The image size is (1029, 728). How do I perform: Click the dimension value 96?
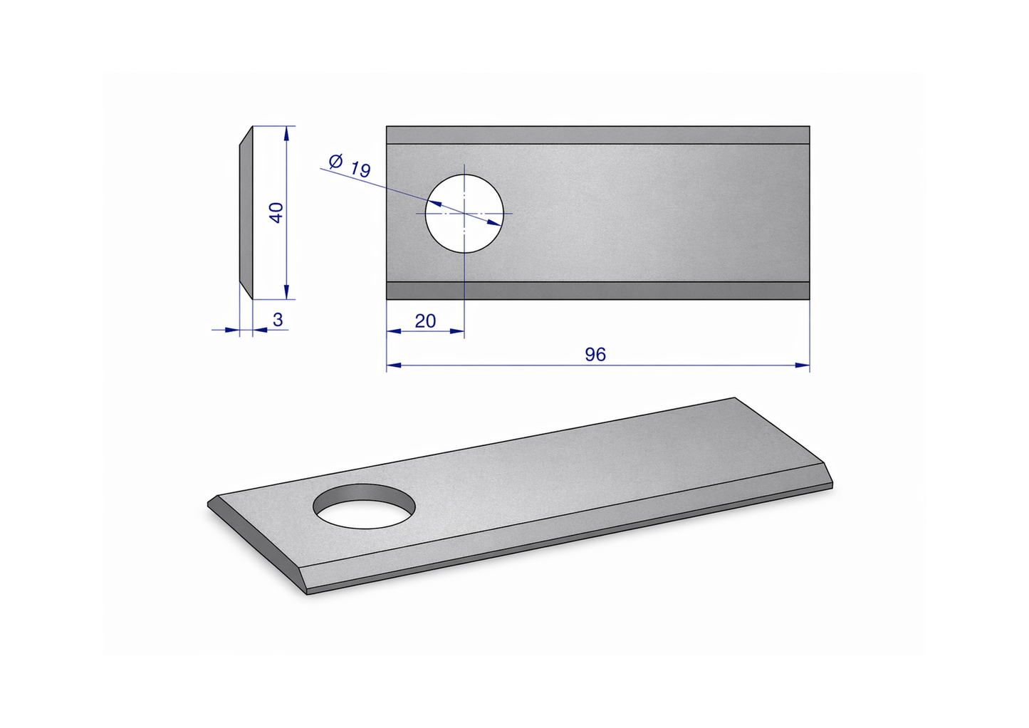pos(595,354)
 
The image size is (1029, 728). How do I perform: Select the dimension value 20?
pos(425,321)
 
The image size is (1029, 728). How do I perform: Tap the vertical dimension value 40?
pos(276,213)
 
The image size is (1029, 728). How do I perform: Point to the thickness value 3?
pos(278,319)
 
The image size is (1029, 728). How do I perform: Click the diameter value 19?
pos(360,170)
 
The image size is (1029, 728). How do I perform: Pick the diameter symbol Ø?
pos(336,161)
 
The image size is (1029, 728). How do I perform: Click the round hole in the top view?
pos(464,214)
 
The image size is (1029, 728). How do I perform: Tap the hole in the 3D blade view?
pos(365,506)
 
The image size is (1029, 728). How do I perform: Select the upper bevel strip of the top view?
pos(597,135)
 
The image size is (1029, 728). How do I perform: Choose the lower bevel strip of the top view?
pos(597,291)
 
